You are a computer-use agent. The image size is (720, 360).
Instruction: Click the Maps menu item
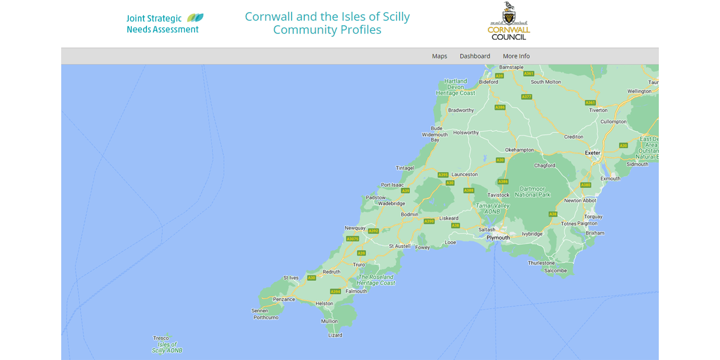point(439,56)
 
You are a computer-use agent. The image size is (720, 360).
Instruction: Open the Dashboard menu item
point(475,56)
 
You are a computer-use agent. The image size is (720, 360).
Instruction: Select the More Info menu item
point(516,56)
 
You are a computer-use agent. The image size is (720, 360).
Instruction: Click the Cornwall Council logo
point(509,22)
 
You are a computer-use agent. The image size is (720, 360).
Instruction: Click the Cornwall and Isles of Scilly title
point(327,23)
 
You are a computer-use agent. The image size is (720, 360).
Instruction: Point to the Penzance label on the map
point(284,299)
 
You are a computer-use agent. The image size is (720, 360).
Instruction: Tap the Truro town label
point(359,265)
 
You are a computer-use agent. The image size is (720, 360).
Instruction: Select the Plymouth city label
point(498,238)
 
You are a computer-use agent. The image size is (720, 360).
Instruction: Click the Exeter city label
point(593,153)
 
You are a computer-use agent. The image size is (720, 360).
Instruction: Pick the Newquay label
point(355,228)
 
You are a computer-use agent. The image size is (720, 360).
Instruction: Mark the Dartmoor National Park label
point(532,191)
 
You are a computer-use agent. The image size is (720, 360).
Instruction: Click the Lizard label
point(335,335)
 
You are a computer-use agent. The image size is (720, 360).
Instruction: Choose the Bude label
point(436,128)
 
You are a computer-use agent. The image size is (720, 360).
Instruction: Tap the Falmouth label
point(356,291)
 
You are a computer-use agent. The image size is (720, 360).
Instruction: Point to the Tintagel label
point(405,168)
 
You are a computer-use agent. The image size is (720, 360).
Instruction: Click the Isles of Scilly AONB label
point(167,347)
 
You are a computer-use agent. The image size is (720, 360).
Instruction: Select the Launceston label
point(464,175)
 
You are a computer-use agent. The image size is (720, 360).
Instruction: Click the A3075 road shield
point(353,239)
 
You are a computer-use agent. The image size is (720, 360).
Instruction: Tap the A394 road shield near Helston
point(335,292)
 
